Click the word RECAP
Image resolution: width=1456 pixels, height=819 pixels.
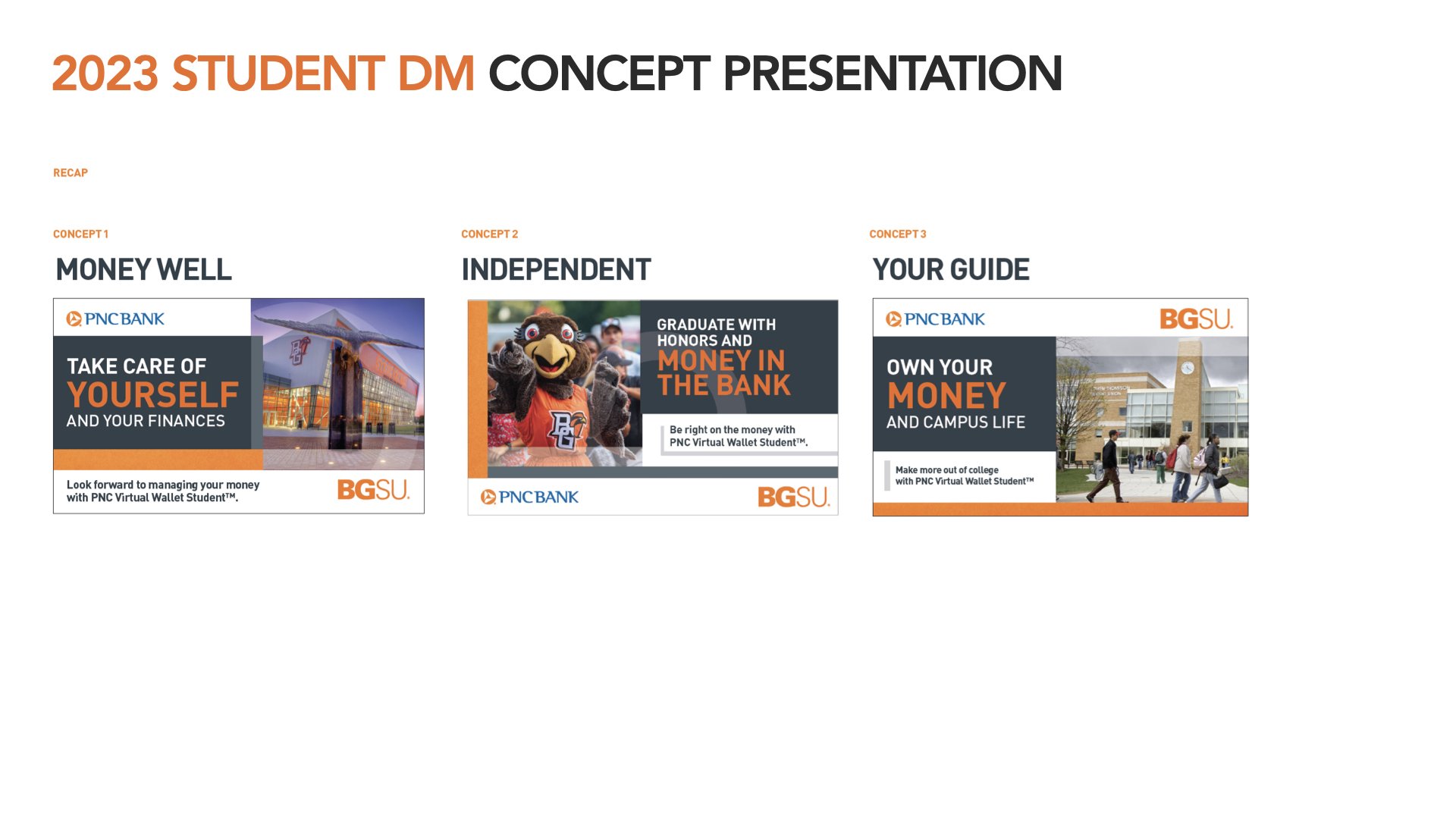(71, 173)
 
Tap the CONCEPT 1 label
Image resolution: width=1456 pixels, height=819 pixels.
(80, 234)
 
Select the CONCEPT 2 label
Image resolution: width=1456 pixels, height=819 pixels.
(489, 234)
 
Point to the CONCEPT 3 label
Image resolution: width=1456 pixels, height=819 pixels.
(897, 234)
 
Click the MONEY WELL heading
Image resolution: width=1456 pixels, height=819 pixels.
(143, 269)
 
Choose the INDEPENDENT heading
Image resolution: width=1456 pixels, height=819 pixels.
(556, 269)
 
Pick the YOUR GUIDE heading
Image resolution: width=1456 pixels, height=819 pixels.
(951, 269)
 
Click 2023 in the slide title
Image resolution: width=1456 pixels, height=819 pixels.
(105, 74)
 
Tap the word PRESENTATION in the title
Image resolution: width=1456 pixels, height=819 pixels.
(892, 74)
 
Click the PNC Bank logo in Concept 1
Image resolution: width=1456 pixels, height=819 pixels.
(115, 319)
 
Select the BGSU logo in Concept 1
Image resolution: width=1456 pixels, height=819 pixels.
(373, 490)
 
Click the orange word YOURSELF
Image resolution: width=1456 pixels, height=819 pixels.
(152, 395)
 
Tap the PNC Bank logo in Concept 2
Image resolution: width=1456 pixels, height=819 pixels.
(529, 497)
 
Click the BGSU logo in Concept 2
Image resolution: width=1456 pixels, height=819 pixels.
(794, 497)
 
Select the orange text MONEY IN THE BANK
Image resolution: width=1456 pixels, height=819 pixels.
(723, 373)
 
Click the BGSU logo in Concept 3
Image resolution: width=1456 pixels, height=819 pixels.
(1196, 319)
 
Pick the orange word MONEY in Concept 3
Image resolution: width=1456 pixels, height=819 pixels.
(946, 396)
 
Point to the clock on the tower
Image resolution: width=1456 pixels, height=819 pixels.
(1188, 368)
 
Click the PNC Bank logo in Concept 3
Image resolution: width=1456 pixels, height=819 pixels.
(935, 319)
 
